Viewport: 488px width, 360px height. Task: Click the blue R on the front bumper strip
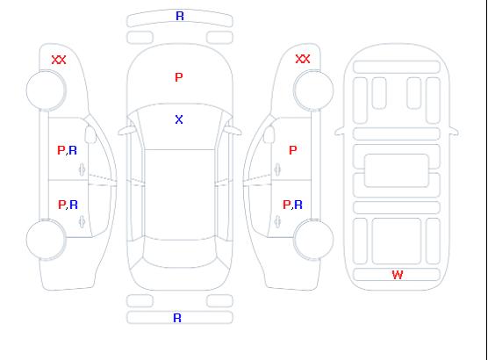point(180,16)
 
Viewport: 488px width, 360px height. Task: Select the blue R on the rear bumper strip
point(177,318)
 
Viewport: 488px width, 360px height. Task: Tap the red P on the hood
point(179,77)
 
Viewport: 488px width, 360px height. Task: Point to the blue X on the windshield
point(179,119)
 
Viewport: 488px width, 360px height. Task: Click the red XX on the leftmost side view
point(59,60)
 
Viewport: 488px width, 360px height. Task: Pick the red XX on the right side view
point(303,59)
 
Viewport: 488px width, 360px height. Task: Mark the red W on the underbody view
point(398,275)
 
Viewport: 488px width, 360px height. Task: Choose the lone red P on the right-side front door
point(293,150)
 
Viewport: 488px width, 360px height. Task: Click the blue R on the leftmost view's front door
point(73,150)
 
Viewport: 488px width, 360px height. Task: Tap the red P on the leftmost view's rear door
point(62,205)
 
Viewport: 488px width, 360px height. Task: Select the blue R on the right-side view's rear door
point(298,205)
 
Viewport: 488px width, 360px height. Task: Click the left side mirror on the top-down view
point(126,131)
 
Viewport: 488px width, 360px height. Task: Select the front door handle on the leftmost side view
point(83,169)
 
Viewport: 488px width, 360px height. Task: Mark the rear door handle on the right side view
point(277,221)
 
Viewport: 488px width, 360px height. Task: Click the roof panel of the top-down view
point(180,195)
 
